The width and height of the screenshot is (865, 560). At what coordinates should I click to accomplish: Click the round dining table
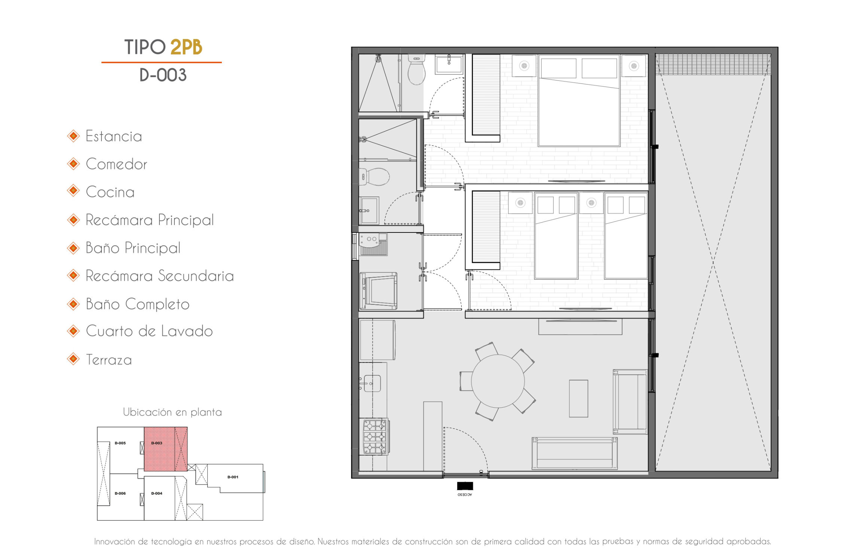click(498, 381)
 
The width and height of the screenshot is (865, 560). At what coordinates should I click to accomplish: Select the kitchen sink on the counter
click(372, 384)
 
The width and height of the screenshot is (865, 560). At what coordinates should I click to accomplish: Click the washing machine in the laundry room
click(378, 291)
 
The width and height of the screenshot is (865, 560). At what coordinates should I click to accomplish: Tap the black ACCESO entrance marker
click(465, 486)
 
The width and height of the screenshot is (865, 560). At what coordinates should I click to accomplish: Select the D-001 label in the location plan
click(233, 477)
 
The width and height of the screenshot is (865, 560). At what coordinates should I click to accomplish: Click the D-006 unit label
click(120, 493)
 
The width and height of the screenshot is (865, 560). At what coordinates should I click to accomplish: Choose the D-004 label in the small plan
click(157, 493)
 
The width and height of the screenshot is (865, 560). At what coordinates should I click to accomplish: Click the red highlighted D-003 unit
click(166, 449)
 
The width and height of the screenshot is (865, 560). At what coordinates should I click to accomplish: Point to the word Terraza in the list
click(109, 360)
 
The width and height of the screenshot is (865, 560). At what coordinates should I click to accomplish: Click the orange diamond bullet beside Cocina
click(73, 191)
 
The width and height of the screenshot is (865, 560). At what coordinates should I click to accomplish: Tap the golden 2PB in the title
click(186, 47)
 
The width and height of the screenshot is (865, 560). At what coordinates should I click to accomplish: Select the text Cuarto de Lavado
click(149, 331)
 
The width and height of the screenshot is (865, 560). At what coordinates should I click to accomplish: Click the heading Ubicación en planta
click(172, 412)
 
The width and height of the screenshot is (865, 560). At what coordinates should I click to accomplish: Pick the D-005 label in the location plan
click(120, 443)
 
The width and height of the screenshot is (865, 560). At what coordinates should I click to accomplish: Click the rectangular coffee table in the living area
click(578, 398)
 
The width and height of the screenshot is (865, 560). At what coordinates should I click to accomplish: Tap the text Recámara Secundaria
click(160, 276)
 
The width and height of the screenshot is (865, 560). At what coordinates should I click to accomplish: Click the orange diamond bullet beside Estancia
click(73, 136)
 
